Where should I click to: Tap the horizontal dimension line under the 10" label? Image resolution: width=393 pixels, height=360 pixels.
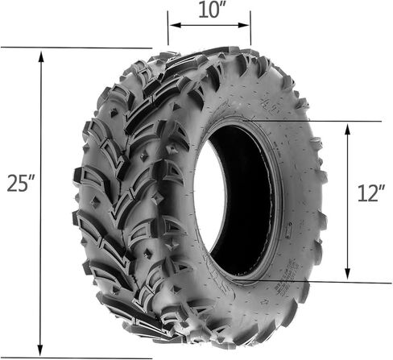(209, 25)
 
